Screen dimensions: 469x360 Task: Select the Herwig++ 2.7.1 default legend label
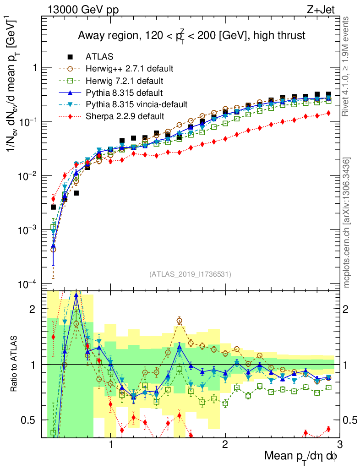pos(129,69)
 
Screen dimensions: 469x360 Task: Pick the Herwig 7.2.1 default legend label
pos(124,81)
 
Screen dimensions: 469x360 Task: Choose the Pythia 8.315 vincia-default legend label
pos(136,104)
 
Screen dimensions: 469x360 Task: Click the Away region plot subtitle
pos(191,36)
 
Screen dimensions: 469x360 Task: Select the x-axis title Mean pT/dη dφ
pos(301,456)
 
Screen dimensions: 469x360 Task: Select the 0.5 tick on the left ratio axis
pos(30,420)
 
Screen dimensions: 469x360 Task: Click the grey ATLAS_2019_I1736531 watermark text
pos(190,274)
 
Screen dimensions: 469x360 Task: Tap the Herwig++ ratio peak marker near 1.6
pos(180,321)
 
